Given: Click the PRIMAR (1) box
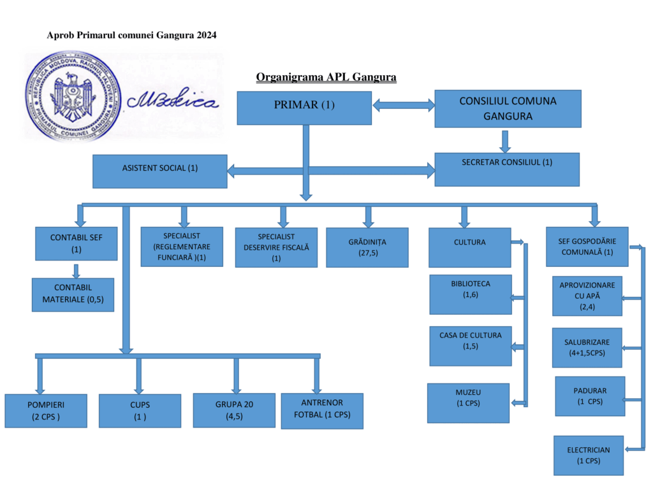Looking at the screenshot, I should tap(304, 108).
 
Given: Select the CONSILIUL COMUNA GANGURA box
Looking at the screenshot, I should tap(508, 109).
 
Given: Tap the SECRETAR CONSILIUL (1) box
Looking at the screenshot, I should tap(507, 169).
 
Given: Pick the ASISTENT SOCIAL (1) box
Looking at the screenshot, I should tap(159, 171).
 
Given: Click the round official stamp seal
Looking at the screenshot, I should tap(74, 96).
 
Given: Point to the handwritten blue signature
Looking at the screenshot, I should tap(172, 101).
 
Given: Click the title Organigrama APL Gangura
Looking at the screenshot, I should tap(326, 77).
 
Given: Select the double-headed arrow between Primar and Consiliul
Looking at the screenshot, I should tap(403, 104).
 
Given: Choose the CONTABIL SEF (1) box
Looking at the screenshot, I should tap(77, 243).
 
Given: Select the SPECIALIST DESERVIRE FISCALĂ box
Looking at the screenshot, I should tap(276, 247).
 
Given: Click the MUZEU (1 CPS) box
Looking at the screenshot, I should tap(469, 403).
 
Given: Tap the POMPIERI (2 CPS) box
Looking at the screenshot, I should tap(46, 410).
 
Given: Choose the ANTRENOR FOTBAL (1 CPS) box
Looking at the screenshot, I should tap(322, 410).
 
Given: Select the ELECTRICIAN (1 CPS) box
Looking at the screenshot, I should tap(588, 455).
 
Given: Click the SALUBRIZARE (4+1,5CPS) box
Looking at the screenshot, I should tap(587, 348).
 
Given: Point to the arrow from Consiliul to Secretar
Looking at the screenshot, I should tap(505, 141).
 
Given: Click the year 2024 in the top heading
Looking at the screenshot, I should tap(207, 35).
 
